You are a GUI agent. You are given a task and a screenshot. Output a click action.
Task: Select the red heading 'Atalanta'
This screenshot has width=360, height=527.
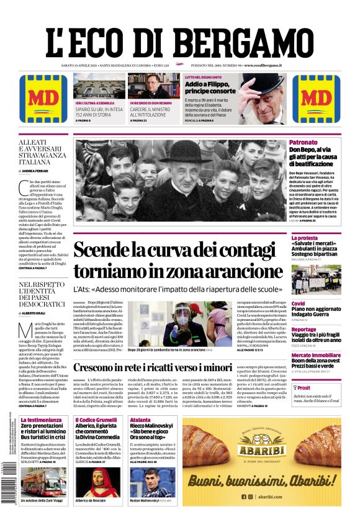140,420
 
